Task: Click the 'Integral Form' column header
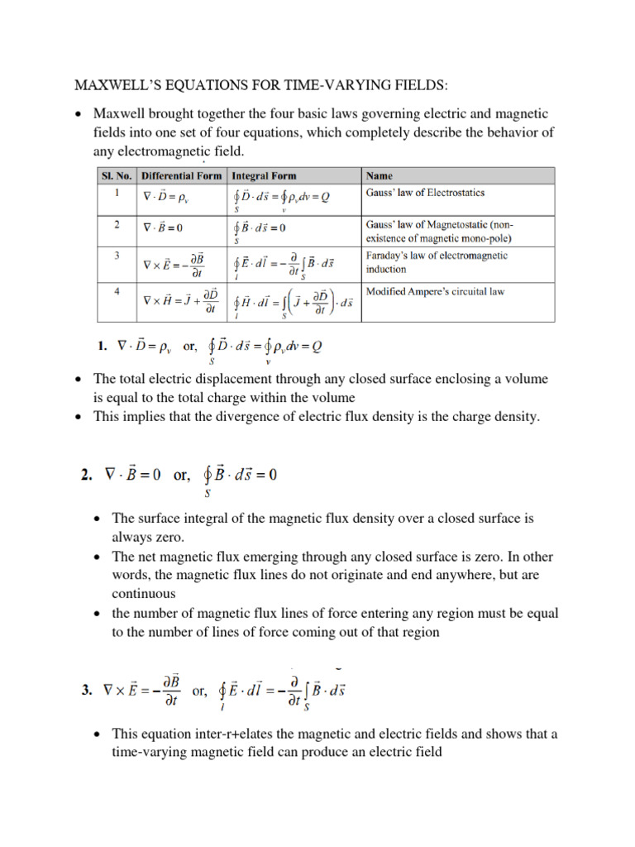tap(264, 176)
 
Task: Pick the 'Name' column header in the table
tap(379, 176)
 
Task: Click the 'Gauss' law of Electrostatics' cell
tap(424, 193)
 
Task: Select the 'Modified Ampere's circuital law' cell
tap(434, 291)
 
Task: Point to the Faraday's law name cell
tap(436, 262)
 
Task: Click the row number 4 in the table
tap(117, 290)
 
